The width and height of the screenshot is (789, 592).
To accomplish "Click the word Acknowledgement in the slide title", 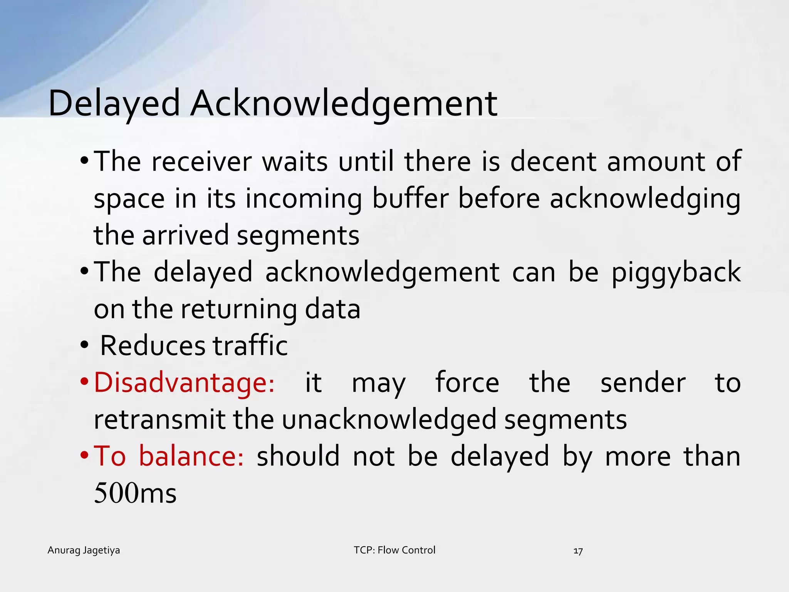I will click(344, 103).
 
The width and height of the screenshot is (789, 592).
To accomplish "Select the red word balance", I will click(191, 456).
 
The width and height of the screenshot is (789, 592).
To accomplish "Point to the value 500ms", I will click(135, 493).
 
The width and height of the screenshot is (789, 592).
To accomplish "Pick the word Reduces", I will click(153, 345).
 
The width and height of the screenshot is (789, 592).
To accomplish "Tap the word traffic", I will click(250, 345).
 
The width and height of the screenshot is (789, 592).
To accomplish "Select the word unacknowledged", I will click(389, 419).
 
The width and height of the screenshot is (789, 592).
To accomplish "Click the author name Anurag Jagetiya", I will click(84, 550).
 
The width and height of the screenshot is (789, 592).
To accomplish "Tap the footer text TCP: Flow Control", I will click(394, 550).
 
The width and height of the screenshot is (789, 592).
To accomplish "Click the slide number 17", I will click(578, 551).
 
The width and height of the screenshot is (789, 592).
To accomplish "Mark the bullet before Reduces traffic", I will click(84, 345).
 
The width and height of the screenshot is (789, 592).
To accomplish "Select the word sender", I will click(643, 383).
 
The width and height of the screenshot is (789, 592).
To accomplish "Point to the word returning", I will click(238, 309).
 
